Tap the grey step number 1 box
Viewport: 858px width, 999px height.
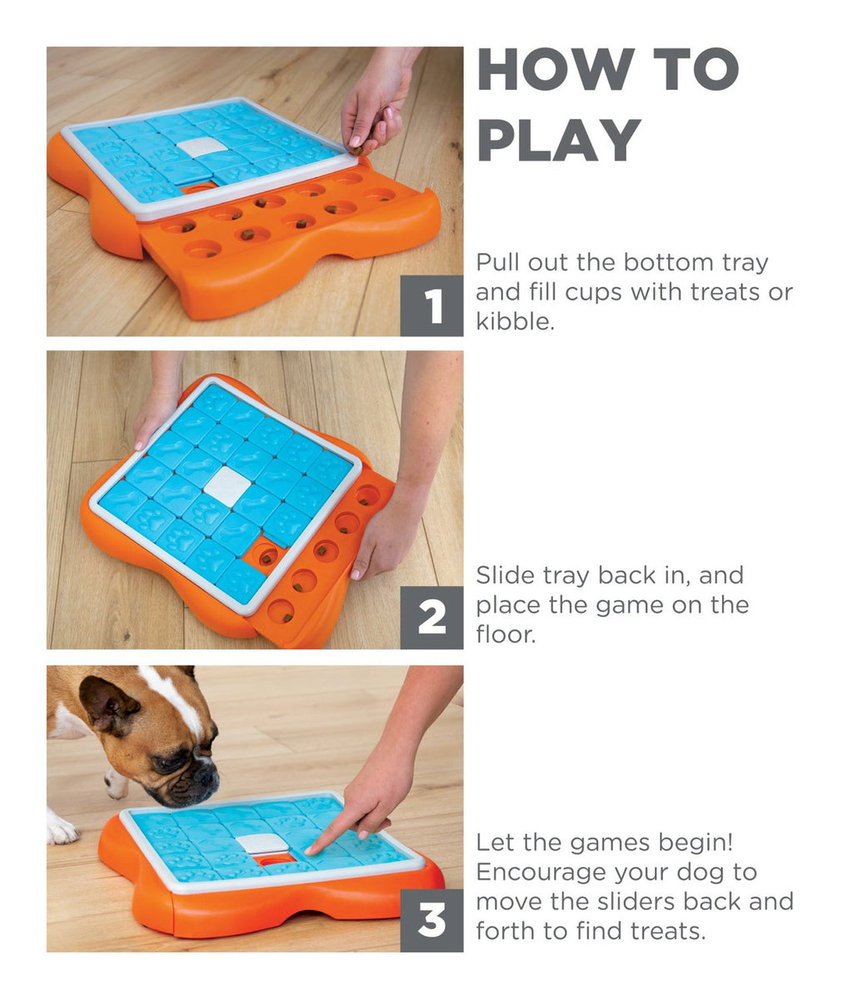click(431, 306)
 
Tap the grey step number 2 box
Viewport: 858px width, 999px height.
click(431, 619)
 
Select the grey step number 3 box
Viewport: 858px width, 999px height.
click(431, 922)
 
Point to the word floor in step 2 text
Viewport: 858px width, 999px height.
click(503, 634)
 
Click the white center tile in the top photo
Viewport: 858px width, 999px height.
click(201, 147)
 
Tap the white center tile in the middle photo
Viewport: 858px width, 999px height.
click(227, 485)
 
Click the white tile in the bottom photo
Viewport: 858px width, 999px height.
click(263, 842)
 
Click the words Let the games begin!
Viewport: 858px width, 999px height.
click(605, 842)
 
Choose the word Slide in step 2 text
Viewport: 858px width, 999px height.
click(506, 575)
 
